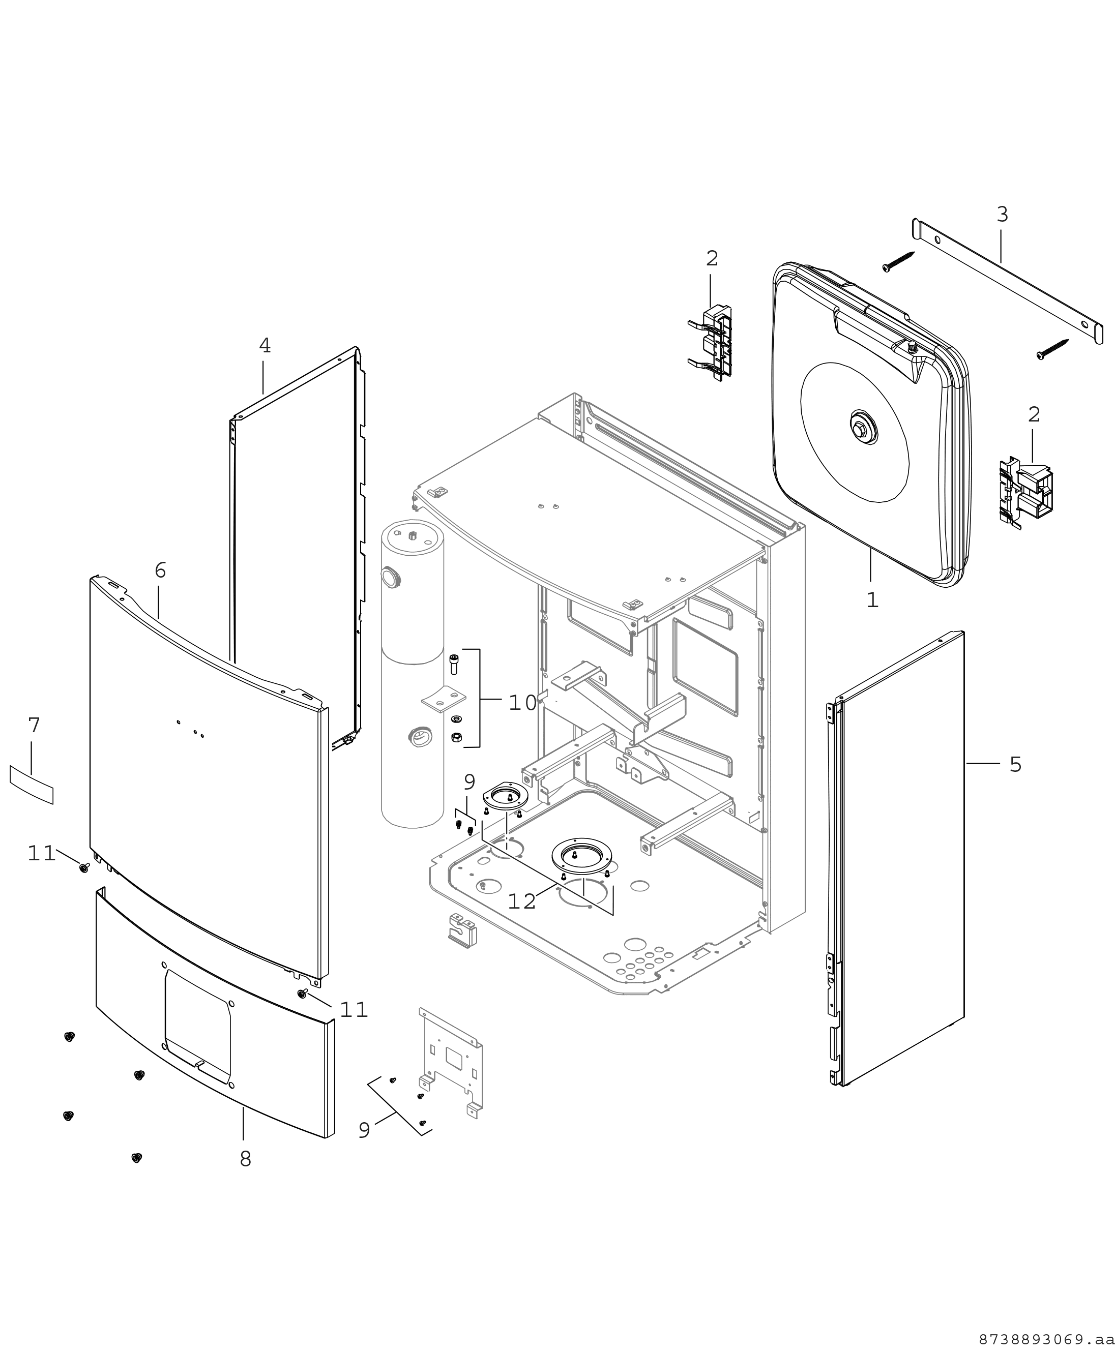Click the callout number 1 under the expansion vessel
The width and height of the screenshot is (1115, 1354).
click(x=871, y=599)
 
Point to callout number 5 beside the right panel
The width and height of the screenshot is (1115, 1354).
click(x=1015, y=764)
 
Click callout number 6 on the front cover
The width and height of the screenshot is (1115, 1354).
click(x=160, y=570)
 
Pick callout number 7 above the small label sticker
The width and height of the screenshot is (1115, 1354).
click(x=34, y=726)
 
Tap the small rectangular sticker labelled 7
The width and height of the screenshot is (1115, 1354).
click(x=32, y=785)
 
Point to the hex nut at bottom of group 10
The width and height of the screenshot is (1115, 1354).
click(x=455, y=737)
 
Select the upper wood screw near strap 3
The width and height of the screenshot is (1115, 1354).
click(x=899, y=261)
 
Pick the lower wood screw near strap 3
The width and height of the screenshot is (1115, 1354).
click(x=1053, y=349)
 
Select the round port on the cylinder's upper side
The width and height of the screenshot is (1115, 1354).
click(x=390, y=577)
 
